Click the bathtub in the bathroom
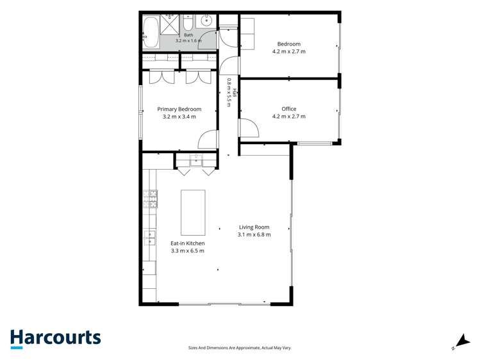point(151,32)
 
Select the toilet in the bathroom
point(188,22)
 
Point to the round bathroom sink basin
point(206,20)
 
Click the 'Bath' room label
point(188,35)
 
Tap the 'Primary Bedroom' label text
point(179,109)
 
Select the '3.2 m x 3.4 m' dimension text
point(179,117)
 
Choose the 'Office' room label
point(289,109)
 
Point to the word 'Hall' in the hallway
point(235,93)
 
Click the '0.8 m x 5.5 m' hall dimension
point(229,93)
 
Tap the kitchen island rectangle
point(193,213)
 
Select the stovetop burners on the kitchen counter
point(150,199)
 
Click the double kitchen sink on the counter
point(150,238)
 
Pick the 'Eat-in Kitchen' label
point(188,243)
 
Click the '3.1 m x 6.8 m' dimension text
point(254,234)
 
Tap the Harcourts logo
point(56,339)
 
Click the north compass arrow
point(464,340)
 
